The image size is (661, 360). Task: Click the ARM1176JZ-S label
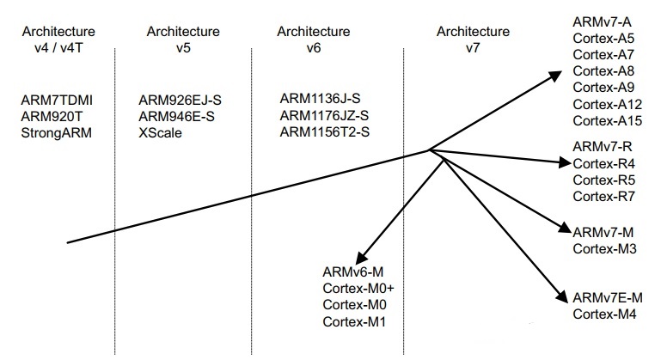(324, 116)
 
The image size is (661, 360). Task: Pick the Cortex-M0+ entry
(358, 290)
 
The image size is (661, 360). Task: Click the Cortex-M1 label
(353, 322)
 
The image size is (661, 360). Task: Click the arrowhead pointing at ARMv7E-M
(562, 296)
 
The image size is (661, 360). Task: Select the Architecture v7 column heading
(472, 40)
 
